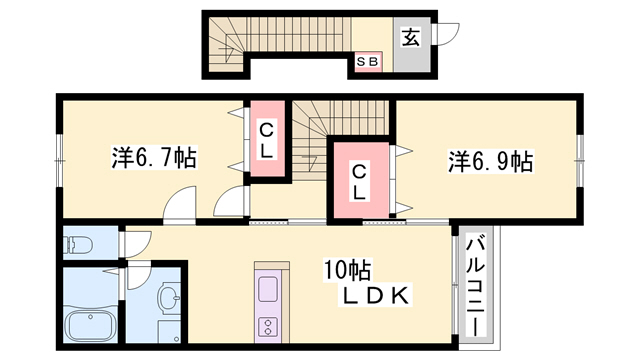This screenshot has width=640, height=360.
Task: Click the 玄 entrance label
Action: [410, 38]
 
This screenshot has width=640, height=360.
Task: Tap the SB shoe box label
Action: [367, 62]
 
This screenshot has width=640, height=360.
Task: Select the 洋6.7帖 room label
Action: [153, 157]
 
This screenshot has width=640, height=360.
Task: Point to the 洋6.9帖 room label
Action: [490, 160]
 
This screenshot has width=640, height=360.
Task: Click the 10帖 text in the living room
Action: [346, 269]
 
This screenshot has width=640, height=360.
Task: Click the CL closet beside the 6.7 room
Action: [267, 140]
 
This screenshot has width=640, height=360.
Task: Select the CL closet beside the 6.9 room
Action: [357, 182]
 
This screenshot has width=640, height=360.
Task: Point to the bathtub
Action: [90, 326]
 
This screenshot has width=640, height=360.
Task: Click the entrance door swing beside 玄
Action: [449, 33]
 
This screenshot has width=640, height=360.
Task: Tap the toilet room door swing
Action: [135, 243]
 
